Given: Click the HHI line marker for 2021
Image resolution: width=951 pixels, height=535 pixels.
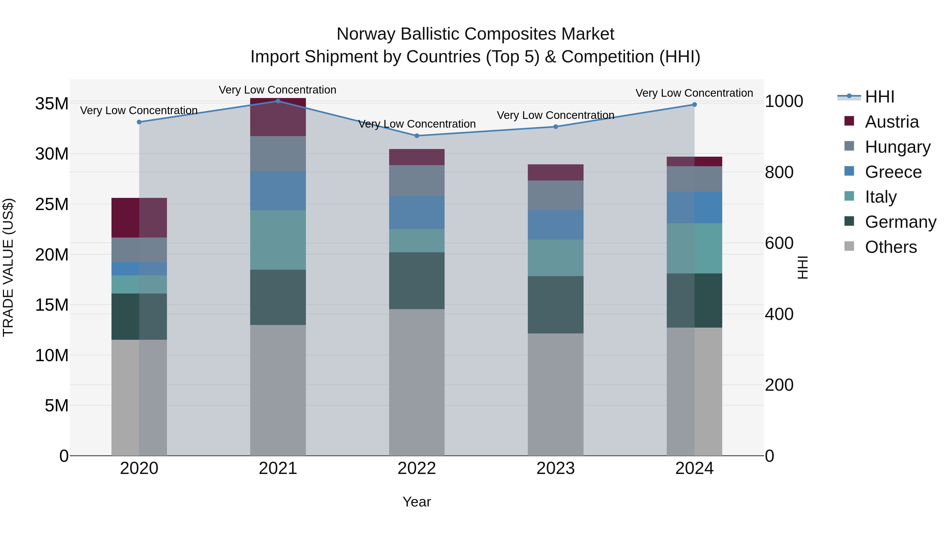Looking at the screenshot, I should click(x=278, y=101).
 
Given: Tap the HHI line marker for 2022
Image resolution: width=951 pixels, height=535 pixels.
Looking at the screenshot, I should click(x=417, y=136).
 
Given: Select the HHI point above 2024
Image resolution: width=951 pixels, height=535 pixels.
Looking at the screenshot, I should click(x=694, y=104).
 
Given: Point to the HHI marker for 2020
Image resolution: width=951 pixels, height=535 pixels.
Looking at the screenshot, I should click(x=139, y=122).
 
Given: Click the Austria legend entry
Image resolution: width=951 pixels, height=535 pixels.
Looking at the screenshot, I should click(x=891, y=122).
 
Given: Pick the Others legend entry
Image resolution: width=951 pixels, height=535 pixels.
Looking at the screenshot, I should click(x=891, y=247).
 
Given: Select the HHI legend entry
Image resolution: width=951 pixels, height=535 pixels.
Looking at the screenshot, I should click(x=879, y=97).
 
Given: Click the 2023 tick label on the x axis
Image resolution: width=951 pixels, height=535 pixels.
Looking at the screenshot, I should click(x=556, y=468).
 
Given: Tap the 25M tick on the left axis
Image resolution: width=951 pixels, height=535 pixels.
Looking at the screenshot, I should click(x=52, y=204).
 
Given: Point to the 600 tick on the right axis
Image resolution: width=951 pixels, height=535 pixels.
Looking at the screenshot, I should click(x=779, y=243).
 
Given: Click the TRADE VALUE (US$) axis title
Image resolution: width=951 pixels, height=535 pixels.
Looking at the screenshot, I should click(x=8, y=267).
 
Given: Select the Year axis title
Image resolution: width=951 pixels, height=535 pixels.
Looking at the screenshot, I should click(x=417, y=502).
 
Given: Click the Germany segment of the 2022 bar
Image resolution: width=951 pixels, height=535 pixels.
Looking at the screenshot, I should click(x=417, y=281).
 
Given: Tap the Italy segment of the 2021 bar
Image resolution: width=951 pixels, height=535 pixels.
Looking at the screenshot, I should click(x=278, y=240).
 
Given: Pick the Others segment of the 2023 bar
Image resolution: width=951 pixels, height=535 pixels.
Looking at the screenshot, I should click(x=556, y=394).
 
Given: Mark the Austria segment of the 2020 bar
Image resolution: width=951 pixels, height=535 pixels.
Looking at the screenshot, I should click(x=139, y=217).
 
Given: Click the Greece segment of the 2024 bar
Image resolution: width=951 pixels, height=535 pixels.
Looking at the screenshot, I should click(x=694, y=207).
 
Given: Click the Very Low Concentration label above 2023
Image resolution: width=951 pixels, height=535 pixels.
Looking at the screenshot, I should click(x=556, y=115).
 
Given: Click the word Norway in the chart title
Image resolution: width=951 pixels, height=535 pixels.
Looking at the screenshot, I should click(x=366, y=34).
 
